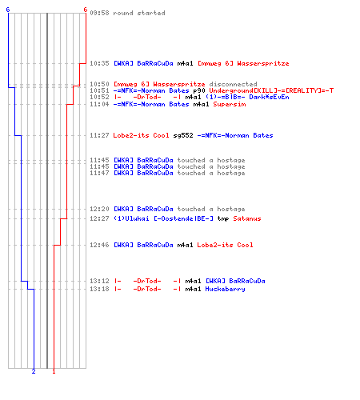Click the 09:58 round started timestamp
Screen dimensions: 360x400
99,13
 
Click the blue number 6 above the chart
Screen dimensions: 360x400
8,10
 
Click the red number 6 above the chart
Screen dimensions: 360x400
86,10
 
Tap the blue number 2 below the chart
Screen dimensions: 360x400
34,371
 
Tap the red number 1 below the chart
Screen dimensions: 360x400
54,371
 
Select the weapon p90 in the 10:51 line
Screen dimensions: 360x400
199,90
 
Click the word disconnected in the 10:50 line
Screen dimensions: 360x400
233,84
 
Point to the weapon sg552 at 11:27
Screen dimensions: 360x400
183,135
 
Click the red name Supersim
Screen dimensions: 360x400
230,104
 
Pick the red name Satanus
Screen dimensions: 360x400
247,218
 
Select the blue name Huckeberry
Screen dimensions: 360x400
225,289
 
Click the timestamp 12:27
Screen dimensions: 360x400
99,218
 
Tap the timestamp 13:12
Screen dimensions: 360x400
99,281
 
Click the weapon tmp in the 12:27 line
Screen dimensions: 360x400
223,219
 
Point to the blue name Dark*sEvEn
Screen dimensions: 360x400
269,97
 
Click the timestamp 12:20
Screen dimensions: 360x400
99,209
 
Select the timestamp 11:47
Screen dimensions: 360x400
99,173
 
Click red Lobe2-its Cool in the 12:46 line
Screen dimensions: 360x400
225,245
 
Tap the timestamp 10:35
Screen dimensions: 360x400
99,63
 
